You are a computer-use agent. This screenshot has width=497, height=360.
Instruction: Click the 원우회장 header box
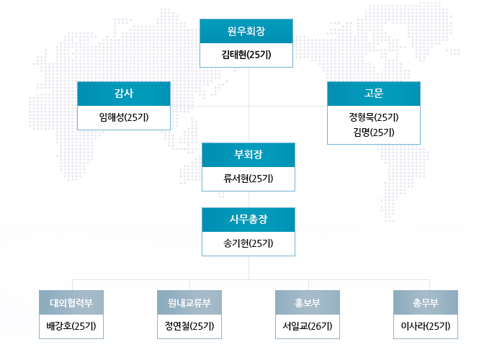coord(246,31)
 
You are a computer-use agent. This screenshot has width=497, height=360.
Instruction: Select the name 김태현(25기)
coord(246,55)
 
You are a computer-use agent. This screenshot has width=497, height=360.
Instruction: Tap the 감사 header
coord(124,94)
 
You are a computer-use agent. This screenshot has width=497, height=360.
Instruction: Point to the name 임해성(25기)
coord(124,117)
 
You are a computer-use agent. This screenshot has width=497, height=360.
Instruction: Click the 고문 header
coord(374,94)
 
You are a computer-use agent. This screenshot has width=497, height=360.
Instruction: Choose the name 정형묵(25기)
coord(374,117)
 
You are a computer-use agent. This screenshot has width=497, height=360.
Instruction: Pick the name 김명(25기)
coord(374,132)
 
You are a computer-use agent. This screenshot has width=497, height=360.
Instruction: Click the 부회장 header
coord(248,155)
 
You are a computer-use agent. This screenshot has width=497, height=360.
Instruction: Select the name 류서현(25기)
coord(248,179)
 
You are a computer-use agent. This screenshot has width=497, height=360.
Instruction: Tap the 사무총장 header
coord(248,220)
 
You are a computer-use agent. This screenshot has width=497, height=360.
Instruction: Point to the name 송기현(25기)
coord(248,243)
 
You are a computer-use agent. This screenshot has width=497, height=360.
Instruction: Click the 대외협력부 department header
coord(71,302)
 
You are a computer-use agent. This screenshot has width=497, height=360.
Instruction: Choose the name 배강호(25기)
coord(71,326)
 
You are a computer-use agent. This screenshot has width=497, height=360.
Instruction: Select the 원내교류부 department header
coord(189,302)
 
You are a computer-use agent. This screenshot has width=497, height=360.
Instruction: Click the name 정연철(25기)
coord(189,326)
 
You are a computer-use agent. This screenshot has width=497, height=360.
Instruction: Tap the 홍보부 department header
coord(308,302)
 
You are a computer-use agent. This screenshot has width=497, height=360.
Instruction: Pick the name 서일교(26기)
coord(308,326)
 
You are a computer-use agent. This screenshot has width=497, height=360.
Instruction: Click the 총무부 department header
coord(426,302)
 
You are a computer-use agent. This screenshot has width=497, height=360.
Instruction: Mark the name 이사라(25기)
coord(426,326)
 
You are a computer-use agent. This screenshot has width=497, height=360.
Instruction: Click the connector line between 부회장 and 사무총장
coord(248,199)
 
